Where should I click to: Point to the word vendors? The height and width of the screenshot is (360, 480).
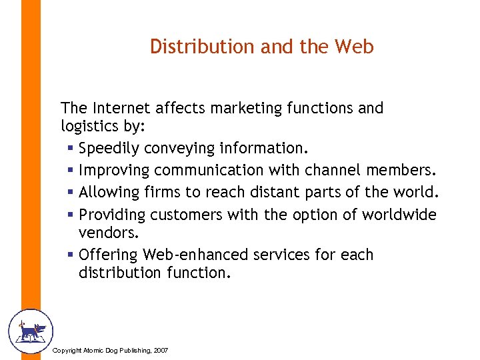tap(107, 233)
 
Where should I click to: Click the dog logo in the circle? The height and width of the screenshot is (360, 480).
tap(29, 331)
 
